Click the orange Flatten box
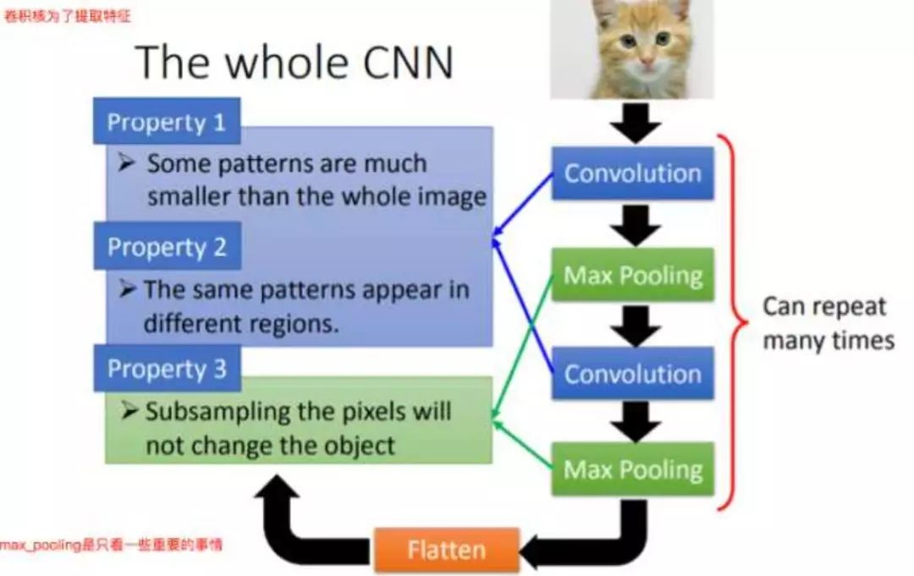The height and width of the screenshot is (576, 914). click(x=446, y=551)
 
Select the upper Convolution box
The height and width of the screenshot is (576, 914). click(x=632, y=173)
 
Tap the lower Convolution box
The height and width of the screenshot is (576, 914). click(x=632, y=374)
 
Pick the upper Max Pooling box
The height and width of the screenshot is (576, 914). click(x=632, y=275)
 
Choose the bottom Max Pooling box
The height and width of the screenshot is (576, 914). click(x=632, y=469)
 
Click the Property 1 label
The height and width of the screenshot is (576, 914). click(x=167, y=123)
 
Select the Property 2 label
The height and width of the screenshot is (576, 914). click(x=167, y=247)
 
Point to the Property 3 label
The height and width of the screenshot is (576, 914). click(x=167, y=369)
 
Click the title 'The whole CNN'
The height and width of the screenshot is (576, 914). click(x=294, y=62)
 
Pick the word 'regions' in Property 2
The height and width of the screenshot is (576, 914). click(x=293, y=325)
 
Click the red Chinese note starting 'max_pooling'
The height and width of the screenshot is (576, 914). click(x=110, y=546)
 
